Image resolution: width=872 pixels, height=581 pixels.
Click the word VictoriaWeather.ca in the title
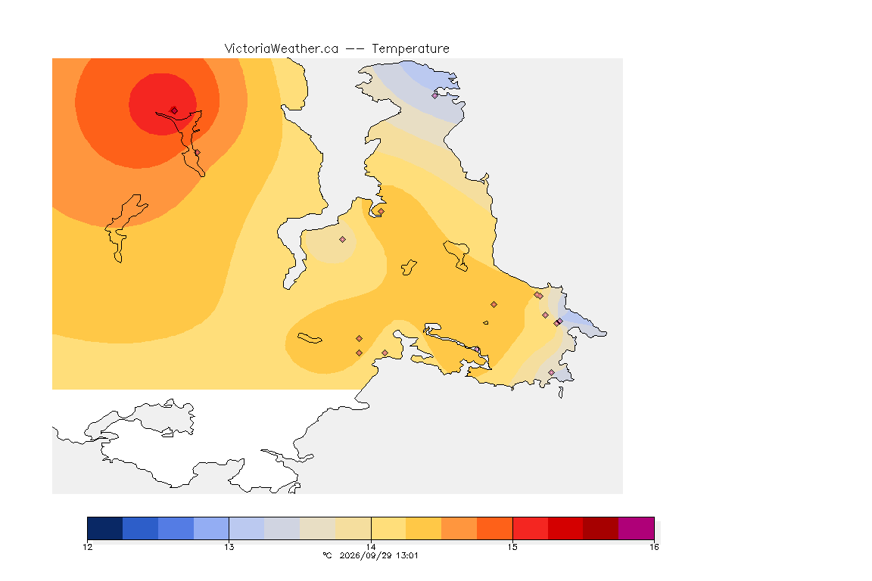click(282, 49)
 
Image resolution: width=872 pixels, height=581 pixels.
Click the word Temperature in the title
click(410, 49)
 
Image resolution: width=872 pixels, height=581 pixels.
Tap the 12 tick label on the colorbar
click(87, 547)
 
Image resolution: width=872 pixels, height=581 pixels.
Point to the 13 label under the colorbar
click(229, 547)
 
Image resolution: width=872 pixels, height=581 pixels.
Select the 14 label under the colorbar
click(371, 547)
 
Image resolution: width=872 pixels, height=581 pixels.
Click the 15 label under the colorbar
click(512, 547)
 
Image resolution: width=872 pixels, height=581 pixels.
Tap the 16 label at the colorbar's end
click(654, 547)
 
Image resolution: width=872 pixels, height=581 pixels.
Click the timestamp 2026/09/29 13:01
click(378, 555)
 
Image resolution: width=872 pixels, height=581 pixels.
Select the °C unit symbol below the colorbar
click(328, 555)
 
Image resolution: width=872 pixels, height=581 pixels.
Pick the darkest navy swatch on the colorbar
click(105, 528)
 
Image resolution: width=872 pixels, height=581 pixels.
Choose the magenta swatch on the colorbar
click(636, 528)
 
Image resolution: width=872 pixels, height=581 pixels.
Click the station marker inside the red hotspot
click(174, 110)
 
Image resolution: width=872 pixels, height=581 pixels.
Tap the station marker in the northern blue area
click(435, 95)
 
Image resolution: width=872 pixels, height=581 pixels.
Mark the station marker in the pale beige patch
click(343, 240)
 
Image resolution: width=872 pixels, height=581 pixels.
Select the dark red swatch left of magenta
click(600, 528)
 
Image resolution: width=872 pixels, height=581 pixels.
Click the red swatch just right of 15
click(530, 528)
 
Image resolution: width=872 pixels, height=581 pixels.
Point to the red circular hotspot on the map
click(163, 104)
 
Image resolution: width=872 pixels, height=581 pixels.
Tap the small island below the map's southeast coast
click(561, 393)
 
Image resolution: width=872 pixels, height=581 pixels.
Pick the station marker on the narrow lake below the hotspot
click(197, 153)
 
